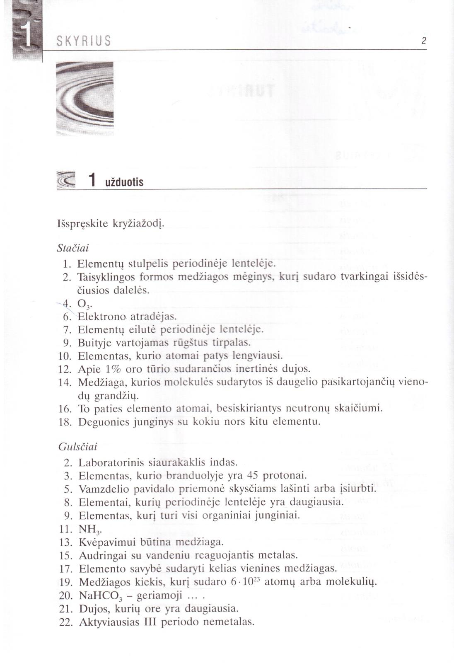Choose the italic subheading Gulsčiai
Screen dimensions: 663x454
(77, 447)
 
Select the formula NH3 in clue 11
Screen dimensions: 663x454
(90, 529)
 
